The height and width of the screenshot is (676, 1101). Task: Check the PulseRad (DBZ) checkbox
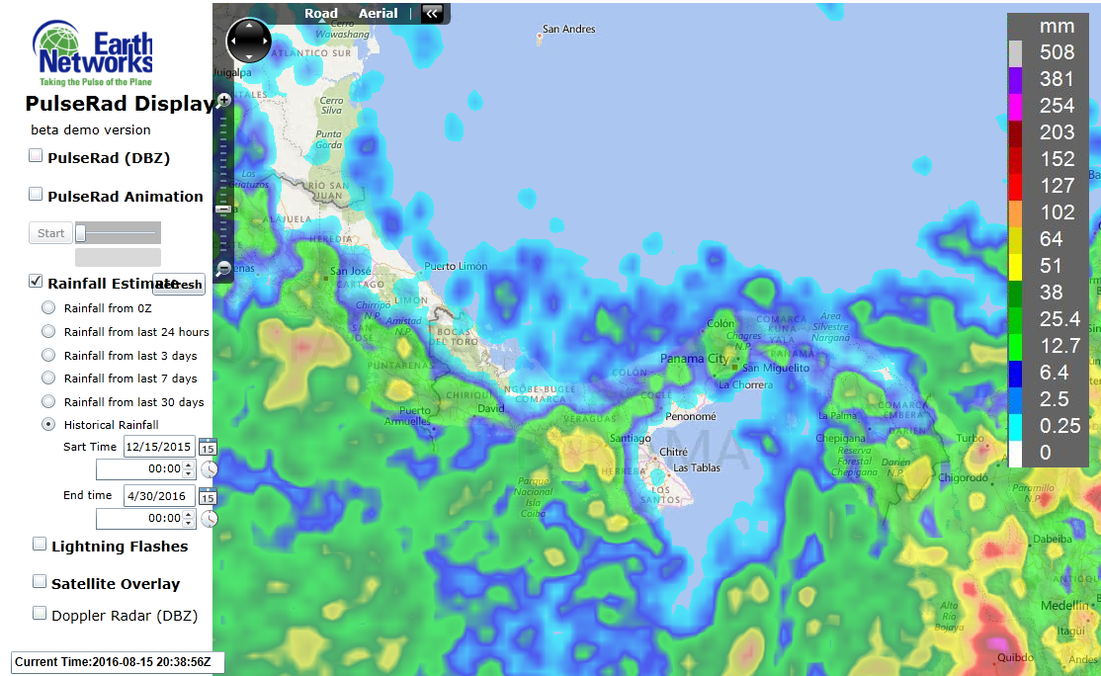point(37,155)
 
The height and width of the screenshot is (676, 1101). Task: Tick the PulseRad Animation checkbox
point(37,194)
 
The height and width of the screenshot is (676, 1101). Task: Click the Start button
point(50,233)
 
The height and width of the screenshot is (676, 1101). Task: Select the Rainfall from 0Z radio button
point(48,308)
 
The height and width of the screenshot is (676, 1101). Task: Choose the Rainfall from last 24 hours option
point(48,332)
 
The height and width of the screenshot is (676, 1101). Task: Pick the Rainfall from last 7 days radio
point(48,378)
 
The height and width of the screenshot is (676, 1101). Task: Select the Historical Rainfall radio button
point(48,424)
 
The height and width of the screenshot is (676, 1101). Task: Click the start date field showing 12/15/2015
point(158,447)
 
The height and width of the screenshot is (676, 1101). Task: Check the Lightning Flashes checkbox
point(40,544)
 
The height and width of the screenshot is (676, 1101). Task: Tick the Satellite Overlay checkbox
point(40,581)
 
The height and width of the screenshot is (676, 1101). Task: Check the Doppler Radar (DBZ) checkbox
point(40,613)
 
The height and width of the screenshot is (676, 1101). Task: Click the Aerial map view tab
point(378,14)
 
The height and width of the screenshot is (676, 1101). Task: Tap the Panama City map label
point(693,358)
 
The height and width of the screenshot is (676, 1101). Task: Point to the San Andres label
point(569,30)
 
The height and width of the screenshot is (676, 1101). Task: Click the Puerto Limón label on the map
point(456,267)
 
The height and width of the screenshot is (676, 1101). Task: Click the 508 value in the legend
point(1057,52)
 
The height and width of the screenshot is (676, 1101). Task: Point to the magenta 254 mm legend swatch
point(1015,106)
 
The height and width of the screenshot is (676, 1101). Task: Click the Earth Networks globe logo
point(57,47)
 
